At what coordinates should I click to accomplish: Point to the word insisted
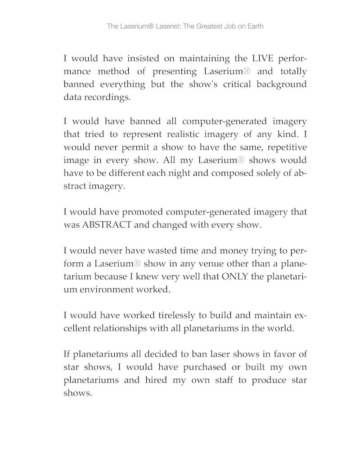point(136,58)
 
